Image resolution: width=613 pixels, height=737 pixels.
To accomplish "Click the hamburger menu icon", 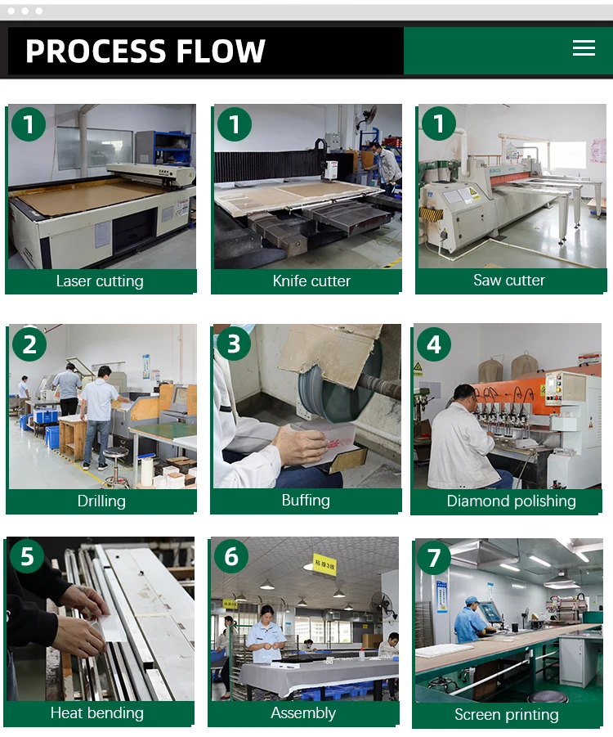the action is pos(584,48).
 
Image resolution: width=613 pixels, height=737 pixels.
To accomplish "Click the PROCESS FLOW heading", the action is pos(145,51).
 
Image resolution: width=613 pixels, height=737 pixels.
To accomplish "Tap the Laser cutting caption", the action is pos(100,281).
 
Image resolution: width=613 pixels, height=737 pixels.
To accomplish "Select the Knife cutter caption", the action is pos(311,281).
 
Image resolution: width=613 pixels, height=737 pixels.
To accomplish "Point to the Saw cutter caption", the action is pos(509,280).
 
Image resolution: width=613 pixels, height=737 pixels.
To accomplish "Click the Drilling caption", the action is pos(101,501).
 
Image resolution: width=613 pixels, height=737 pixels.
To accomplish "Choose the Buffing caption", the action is pos(306,500).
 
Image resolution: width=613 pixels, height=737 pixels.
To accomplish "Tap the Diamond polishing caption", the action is pos(511,501).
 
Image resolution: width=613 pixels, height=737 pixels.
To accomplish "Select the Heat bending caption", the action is pos(96,713).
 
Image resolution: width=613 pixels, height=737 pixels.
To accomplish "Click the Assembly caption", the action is pos(303,713).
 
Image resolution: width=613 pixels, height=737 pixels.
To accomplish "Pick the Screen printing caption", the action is pos(507,714).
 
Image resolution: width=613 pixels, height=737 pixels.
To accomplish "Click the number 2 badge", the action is pos(29,344).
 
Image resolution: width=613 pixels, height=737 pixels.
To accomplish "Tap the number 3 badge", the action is pos(234,344).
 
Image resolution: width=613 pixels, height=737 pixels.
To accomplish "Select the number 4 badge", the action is pos(433,344).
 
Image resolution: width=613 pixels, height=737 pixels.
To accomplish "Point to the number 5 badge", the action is pos(27,556).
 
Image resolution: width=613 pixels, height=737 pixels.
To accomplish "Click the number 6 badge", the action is pos(231,556).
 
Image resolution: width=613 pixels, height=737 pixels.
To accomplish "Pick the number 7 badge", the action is pos(434,557).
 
